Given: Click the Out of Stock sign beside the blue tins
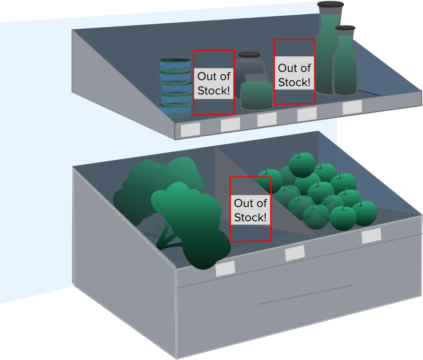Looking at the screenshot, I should tap(213, 83).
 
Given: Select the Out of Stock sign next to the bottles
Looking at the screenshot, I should tap(294, 75).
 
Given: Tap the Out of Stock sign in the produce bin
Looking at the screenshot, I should tap(250, 210).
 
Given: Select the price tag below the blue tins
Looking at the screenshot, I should tap(190, 129).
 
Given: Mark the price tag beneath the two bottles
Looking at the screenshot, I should tap(352, 107).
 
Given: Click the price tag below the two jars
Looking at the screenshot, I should tap(267, 119).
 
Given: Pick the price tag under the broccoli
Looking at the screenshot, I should tap(225, 269).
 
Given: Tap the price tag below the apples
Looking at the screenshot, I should tap(371, 236).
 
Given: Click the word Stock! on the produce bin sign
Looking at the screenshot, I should tap(250, 217).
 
